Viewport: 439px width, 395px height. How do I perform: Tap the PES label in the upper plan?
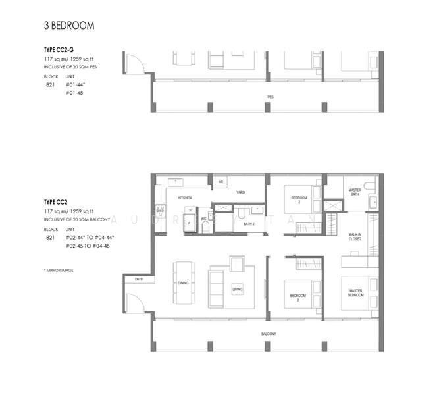pos(270,96)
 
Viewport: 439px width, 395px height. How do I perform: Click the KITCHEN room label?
pos(184,197)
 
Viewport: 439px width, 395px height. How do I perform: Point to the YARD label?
pos(241,192)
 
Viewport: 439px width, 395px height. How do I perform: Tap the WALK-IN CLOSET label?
pos(358,237)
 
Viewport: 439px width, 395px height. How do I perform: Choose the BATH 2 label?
pos(248,224)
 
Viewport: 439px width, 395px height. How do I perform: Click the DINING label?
pos(182,283)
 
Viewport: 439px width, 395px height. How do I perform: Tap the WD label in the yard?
pos(221,181)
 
